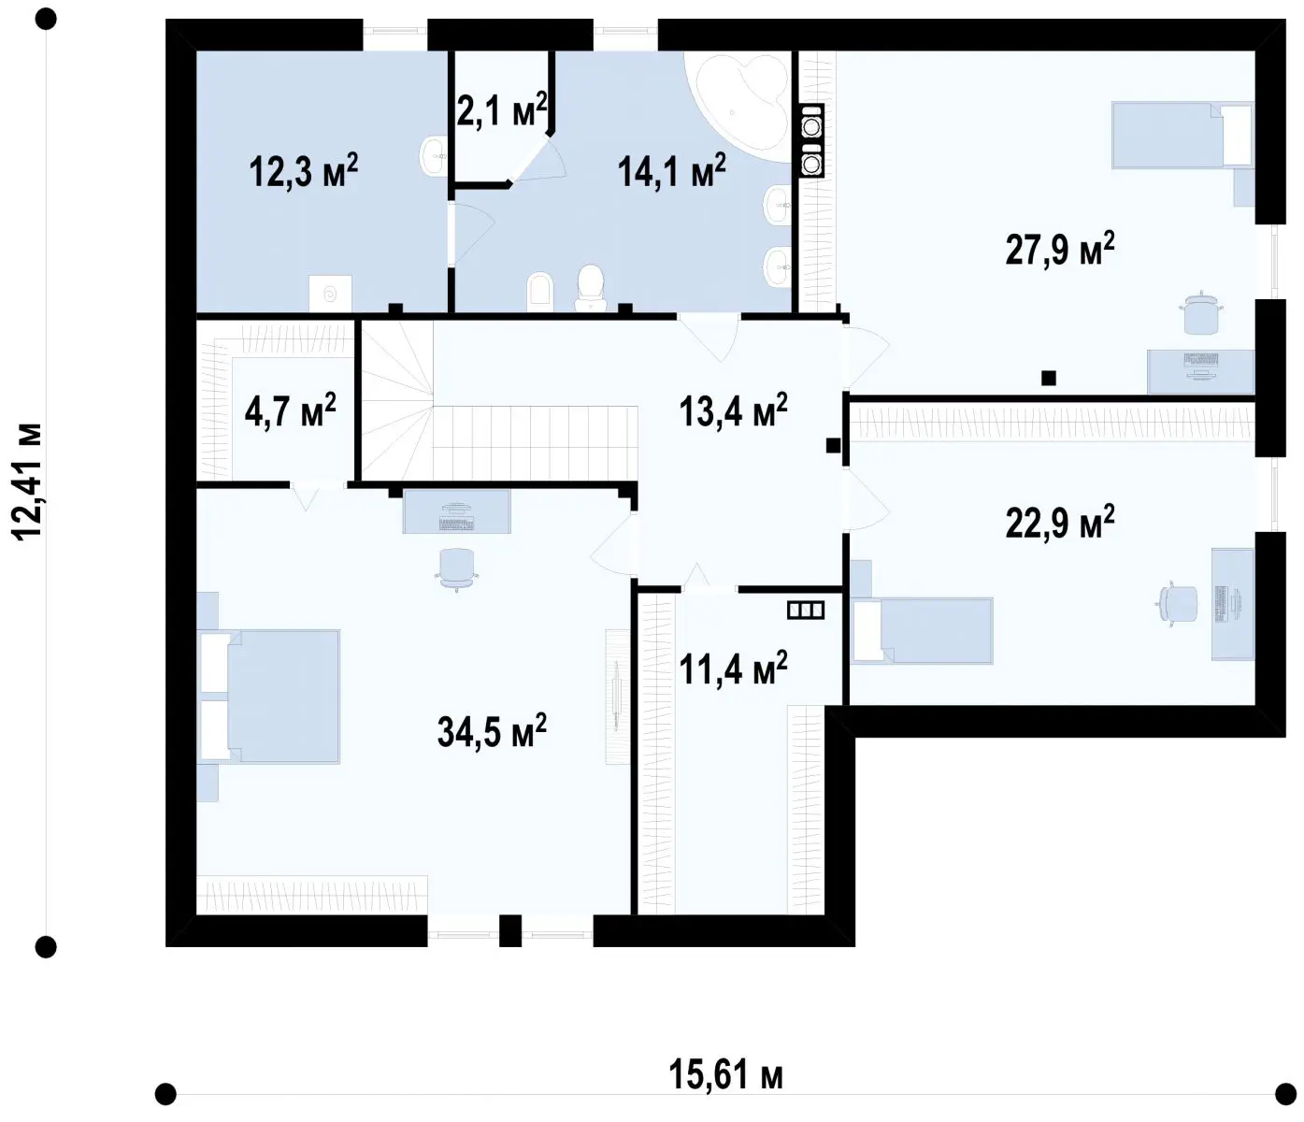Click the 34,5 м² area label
[492, 731]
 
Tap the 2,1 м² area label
[502, 110]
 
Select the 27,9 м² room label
[1060, 249]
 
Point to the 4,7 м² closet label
[290, 410]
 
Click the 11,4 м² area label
[733, 669]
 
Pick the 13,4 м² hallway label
[733, 410]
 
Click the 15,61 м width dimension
[725, 1074]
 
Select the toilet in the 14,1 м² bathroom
[591, 288]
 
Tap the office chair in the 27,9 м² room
[1200, 313]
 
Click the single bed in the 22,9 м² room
[922, 630]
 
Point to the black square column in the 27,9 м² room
[1048, 378]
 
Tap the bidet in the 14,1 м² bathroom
[539, 292]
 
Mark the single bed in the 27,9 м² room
[1182, 135]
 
